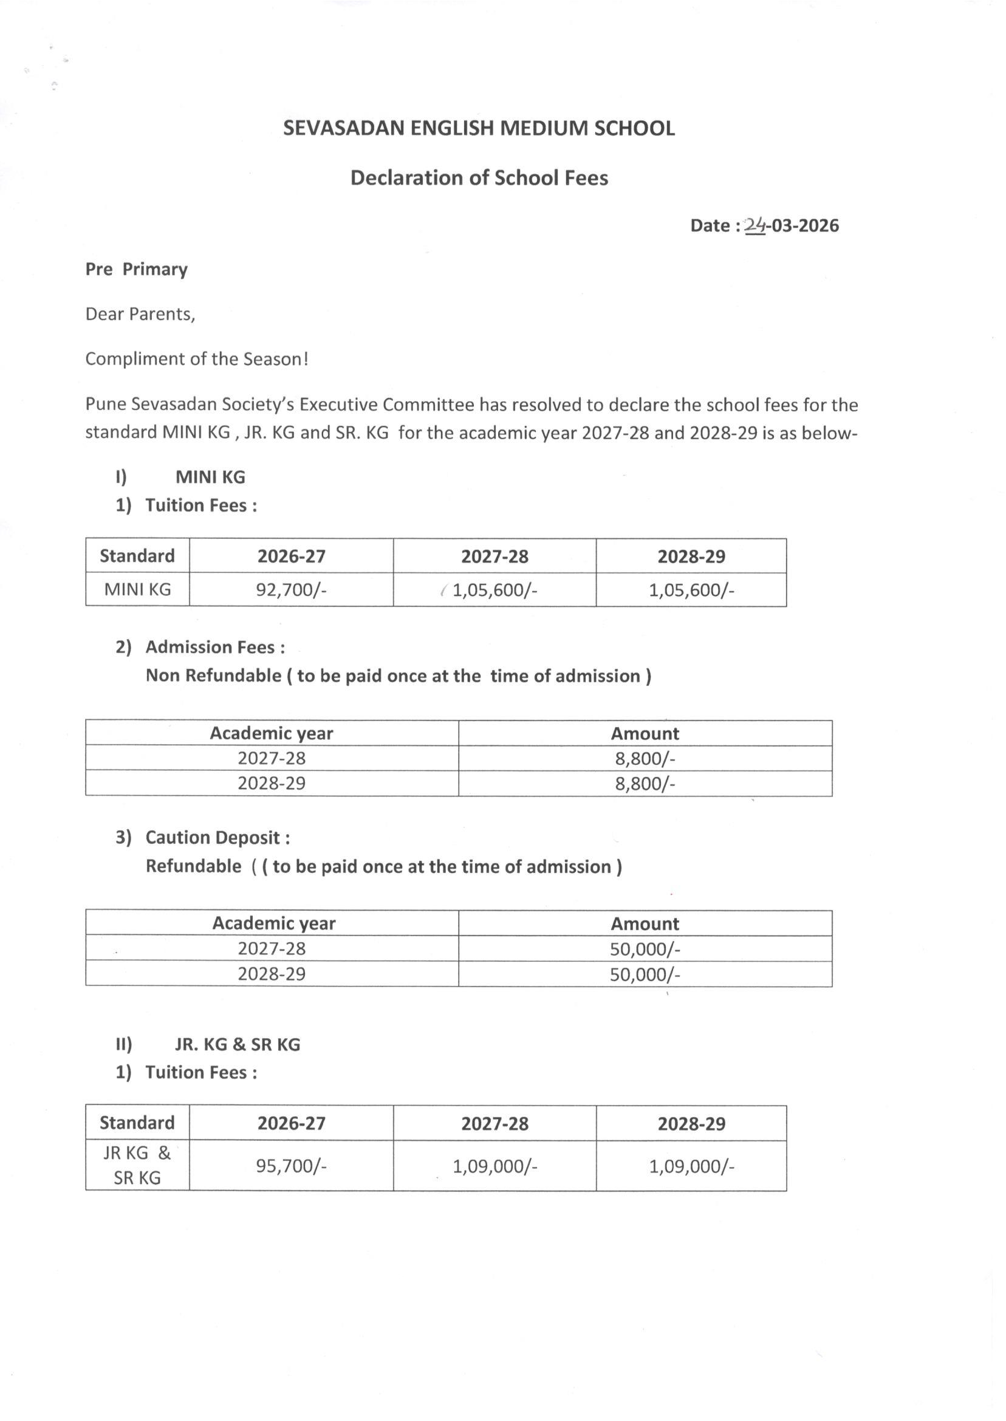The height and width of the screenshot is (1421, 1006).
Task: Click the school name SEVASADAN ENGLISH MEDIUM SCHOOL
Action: [x=478, y=128]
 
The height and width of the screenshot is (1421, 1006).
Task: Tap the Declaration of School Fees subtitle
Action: [x=479, y=178]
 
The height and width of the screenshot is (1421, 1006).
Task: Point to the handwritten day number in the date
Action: [x=754, y=225]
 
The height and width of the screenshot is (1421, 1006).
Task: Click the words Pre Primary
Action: [x=136, y=270]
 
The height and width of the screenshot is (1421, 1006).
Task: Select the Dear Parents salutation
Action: [x=140, y=314]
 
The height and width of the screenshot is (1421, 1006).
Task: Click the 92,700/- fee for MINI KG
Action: [x=291, y=590]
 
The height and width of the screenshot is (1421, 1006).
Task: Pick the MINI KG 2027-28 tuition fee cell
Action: [x=494, y=590]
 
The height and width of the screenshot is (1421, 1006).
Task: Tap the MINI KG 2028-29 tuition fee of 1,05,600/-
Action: [x=691, y=590]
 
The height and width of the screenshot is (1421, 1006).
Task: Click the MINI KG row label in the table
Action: [x=137, y=589]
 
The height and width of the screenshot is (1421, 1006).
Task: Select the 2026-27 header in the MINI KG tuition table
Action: [x=291, y=556]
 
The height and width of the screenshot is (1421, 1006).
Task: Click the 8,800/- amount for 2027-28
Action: [x=645, y=758]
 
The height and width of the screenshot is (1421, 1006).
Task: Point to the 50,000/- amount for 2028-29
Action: [x=645, y=974]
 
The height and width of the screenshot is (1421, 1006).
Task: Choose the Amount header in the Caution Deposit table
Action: [x=645, y=923]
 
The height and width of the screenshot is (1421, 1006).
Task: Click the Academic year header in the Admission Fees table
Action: [x=272, y=733]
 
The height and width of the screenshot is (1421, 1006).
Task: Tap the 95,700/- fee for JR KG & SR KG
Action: [x=291, y=1166]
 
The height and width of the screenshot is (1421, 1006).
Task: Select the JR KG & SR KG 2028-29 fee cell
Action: [x=691, y=1166]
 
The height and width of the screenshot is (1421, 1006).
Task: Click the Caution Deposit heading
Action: [x=217, y=838]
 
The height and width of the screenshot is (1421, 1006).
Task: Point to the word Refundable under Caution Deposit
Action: [x=193, y=866]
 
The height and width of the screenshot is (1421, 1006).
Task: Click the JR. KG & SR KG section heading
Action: [x=238, y=1044]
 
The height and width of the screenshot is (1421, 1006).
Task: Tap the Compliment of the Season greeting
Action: [x=196, y=359]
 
